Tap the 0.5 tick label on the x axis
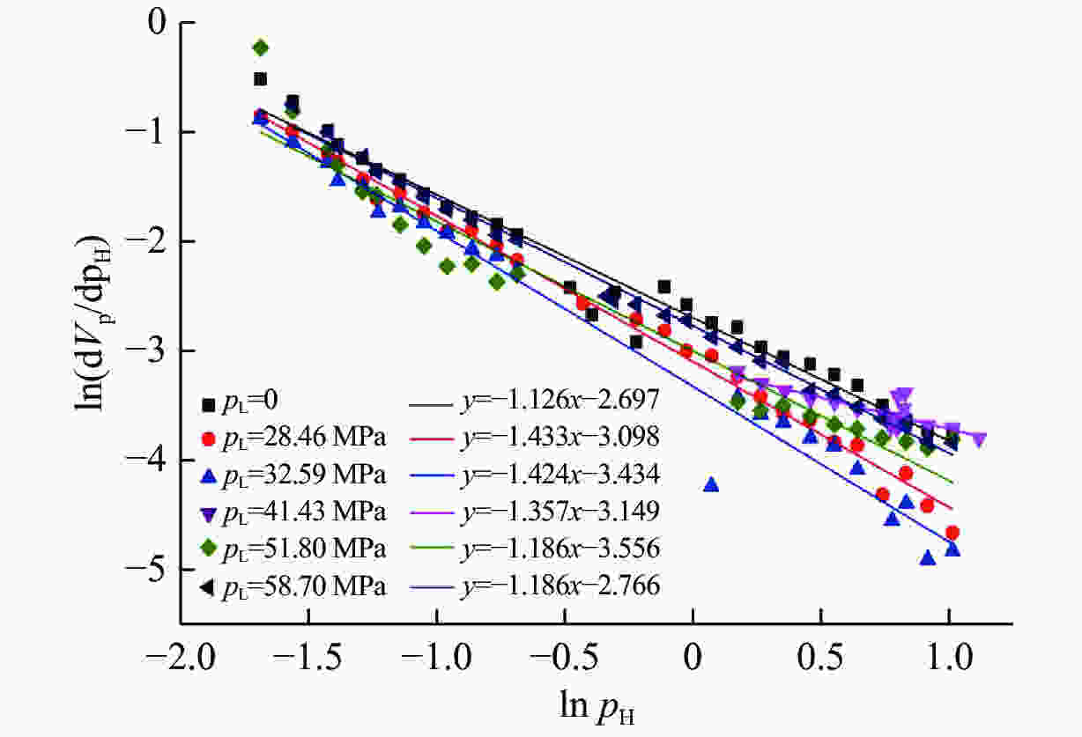(x=821, y=660)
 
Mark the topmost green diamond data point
(x=260, y=47)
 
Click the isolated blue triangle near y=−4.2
(x=711, y=484)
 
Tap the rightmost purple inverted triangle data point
(x=978, y=439)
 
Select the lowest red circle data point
(x=952, y=533)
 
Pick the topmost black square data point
(x=260, y=79)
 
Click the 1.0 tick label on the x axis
(x=950, y=660)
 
